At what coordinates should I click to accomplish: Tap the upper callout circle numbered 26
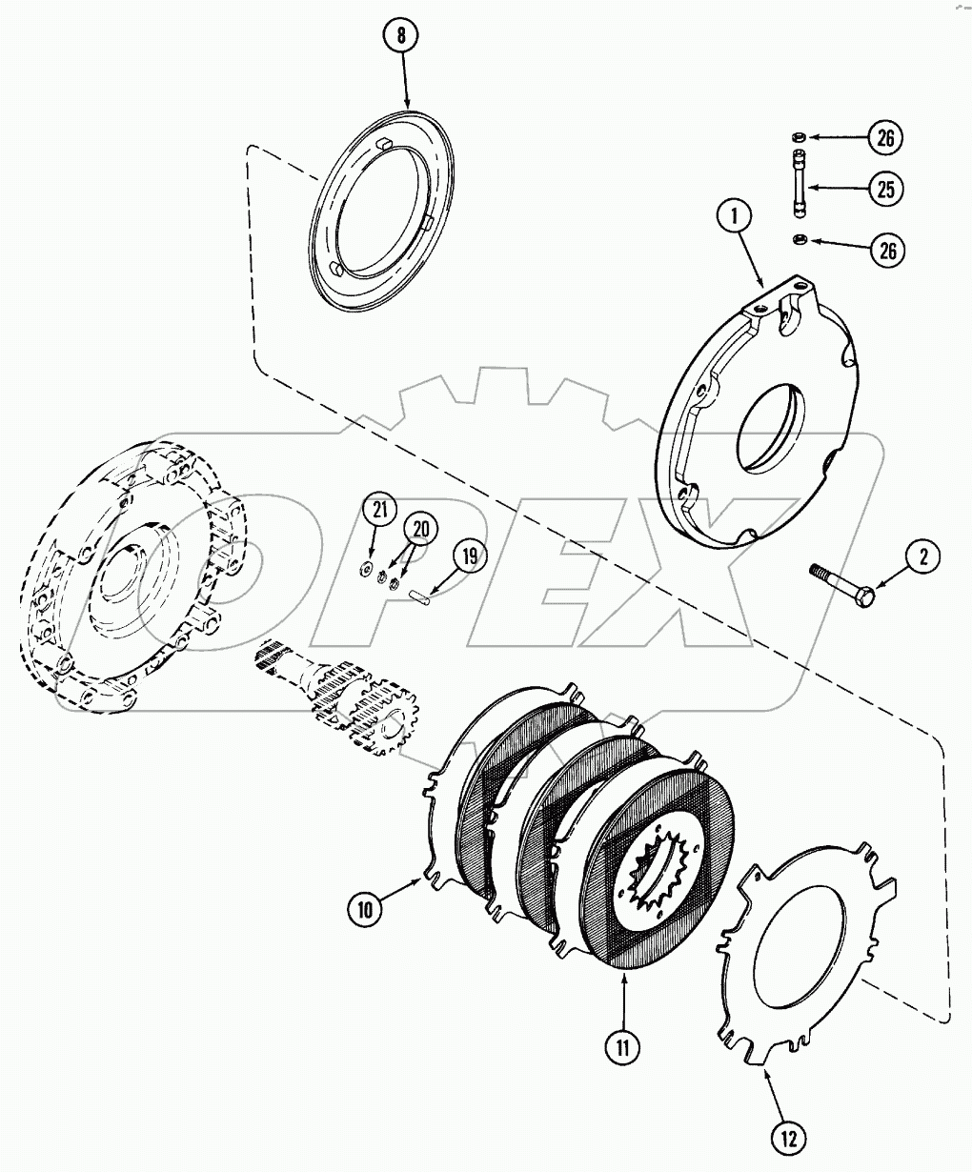[x=886, y=138]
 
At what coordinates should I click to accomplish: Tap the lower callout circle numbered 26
[x=886, y=251]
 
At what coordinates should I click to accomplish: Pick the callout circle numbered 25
[x=886, y=190]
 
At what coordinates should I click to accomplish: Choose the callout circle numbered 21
[x=380, y=511]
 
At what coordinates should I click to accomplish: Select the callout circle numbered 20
[x=420, y=529]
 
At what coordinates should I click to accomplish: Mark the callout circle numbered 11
[x=621, y=1047]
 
